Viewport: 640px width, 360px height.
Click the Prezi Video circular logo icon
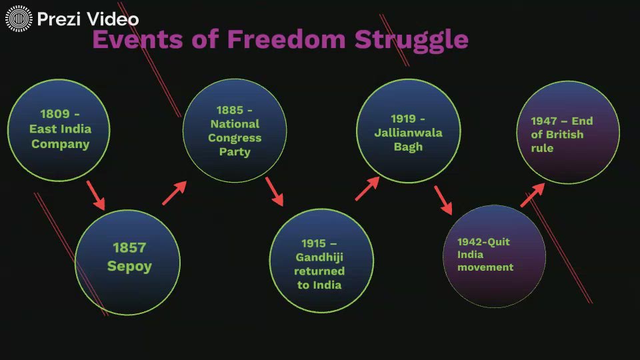[19, 19]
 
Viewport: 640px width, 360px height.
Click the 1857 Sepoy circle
[127, 262]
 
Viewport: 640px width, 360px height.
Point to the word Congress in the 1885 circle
[235, 138]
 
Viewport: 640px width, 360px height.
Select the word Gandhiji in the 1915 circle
[319, 257]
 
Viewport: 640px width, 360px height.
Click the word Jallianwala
[408, 133]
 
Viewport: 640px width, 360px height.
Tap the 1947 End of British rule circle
[568, 133]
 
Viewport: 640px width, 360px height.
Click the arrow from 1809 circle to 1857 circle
[96, 197]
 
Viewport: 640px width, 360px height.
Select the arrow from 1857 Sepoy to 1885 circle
[174, 193]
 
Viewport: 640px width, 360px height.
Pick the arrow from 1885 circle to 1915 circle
[274, 191]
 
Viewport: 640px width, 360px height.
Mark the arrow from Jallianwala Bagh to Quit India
[443, 200]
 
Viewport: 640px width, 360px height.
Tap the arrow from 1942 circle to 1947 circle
[533, 194]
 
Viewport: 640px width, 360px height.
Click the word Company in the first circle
[60, 144]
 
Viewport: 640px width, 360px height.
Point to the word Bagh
[408, 147]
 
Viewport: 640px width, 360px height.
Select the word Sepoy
[129, 267]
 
